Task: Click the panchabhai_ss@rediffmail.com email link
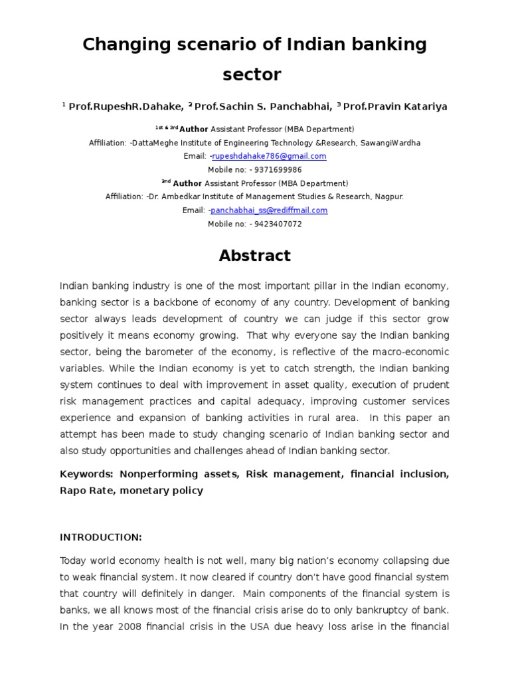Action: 269,211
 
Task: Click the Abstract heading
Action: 254,256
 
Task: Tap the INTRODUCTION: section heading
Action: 101,537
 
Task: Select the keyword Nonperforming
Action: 151,474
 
